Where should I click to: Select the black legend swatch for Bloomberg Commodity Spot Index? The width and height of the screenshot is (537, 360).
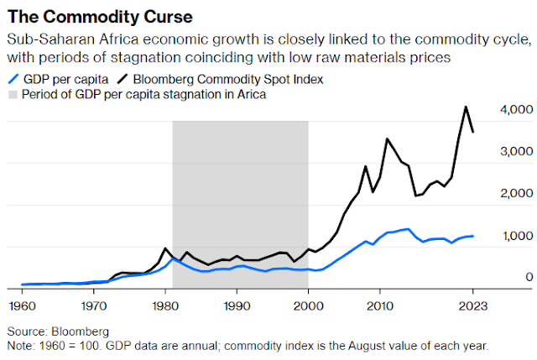coord(123,78)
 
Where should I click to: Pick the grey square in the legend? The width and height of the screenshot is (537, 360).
coord(13,93)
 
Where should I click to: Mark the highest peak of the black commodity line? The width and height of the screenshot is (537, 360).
coord(466,107)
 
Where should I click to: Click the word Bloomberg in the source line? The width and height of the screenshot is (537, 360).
coord(83,331)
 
